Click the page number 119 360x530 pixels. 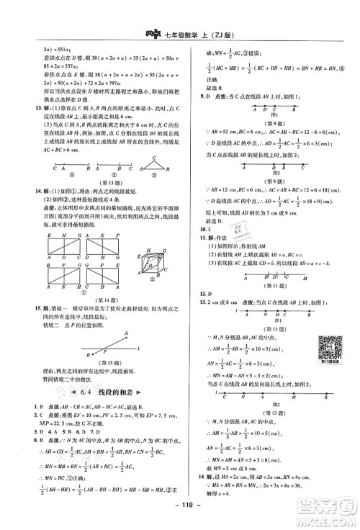point(180,515)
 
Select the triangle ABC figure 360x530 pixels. point(152,169)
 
